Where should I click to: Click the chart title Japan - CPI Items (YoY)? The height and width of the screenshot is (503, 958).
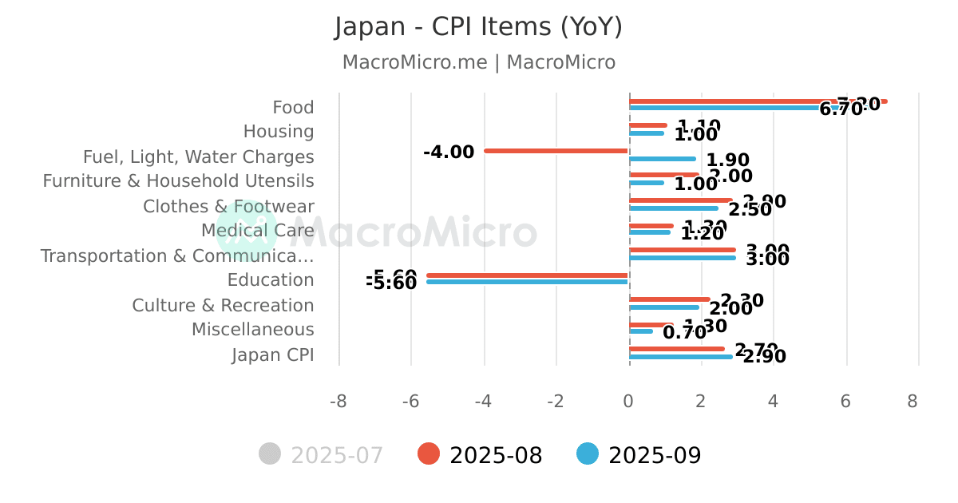[x=478, y=27]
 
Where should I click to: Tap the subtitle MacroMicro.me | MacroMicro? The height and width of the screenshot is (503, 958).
[x=478, y=62]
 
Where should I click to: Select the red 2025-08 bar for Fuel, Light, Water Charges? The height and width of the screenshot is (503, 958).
[x=556, y=151]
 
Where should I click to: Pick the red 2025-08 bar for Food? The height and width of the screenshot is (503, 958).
[x=758, y=101]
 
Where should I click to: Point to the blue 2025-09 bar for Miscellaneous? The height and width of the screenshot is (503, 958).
[x=641, y=331]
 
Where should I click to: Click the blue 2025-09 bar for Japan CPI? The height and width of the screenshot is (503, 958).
[x=681, y=357]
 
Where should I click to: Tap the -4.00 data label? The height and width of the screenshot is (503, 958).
[x=449, y=152]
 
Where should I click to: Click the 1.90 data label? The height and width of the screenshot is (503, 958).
[x=727, y=160]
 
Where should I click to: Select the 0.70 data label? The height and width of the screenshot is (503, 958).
[x=684, y=333]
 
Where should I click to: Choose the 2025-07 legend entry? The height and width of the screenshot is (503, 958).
[x=322, y=455]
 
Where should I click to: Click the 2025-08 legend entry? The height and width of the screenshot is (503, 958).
[x=481, y=455]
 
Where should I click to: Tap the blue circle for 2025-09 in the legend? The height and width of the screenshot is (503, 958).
[x=588, y=454]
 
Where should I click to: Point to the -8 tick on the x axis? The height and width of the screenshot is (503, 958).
[x=338, y=401]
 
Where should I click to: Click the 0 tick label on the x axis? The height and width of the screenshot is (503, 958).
[x=629, y=401]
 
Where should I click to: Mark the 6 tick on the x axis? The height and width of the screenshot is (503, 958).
[x=846, y=401]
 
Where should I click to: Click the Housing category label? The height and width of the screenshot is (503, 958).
[x=279, y=132]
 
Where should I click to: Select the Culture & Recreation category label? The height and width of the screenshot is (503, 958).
[x=223, y=306]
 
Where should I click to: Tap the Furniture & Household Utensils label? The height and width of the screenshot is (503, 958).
[x=178, y=181]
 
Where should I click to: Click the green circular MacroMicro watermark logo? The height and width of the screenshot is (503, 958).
[x=247, y=231]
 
